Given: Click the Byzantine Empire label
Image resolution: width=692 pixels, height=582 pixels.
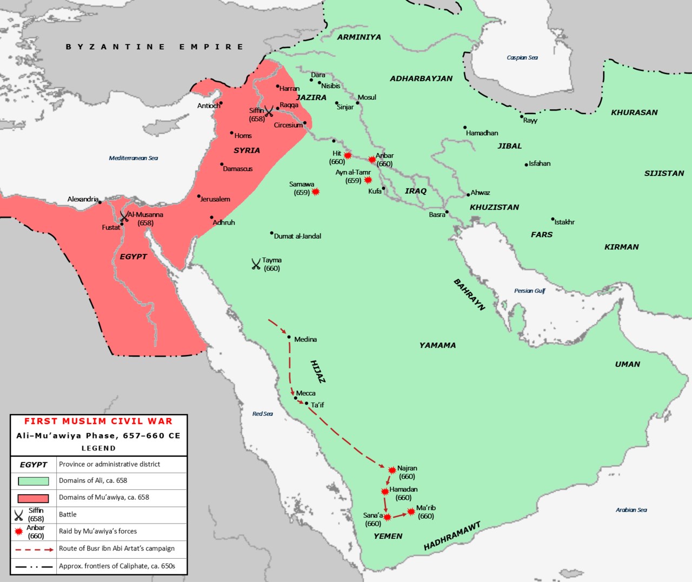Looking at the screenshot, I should tap(154, 47).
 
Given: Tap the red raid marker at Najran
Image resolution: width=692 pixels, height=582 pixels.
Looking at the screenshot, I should tap(392, 470).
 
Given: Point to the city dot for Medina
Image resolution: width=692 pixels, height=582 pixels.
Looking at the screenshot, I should tap(289, 337).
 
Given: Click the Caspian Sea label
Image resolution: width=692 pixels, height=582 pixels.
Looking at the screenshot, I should tap(522, 57).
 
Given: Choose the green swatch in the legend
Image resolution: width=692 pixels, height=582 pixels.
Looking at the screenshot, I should tap(34, 481).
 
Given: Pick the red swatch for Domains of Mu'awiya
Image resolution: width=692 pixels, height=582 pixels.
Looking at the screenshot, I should tap(34, 498).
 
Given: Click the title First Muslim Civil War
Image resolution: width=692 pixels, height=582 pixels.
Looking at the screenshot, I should tap(98, 421).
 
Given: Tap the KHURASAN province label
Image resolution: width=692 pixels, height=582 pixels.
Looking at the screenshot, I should tap(634, 113).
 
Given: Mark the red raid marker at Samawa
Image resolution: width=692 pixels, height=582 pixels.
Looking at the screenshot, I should tap(316, 192).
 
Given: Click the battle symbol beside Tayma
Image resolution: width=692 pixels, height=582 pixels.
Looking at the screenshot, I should tap(256, 264).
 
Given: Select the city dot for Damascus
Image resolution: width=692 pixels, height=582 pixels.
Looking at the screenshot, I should tap(222, 165).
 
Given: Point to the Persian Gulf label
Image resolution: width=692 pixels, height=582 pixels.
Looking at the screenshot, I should tap(529, 291).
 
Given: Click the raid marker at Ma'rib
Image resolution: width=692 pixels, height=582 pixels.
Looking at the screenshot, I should tap(411, 512).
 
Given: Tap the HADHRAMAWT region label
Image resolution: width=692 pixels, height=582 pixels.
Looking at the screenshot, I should tap(452, 537).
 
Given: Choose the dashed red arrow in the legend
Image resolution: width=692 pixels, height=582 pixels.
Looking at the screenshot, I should tap(34, 549).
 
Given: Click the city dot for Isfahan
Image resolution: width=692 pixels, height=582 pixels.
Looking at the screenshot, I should tap(526, 165).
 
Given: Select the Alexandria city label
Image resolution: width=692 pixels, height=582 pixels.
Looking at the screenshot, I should tap(83, 199).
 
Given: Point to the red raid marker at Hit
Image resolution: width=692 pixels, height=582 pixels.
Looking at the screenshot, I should tap(348, 156).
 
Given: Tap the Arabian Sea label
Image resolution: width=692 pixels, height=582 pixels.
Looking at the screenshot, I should tap(631, 510).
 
